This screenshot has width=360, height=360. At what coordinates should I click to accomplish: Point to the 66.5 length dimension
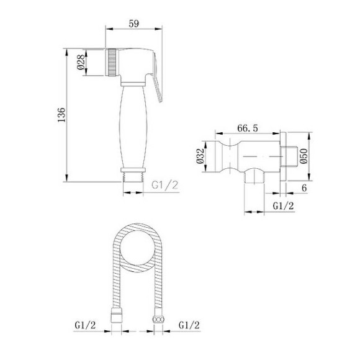tap(247, 128)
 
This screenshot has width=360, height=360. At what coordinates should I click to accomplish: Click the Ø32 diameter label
tap(201, 155)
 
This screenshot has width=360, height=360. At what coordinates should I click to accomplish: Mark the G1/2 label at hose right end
tap(189, 324)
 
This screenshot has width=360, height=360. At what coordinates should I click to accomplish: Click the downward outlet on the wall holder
tap(252, 178)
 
